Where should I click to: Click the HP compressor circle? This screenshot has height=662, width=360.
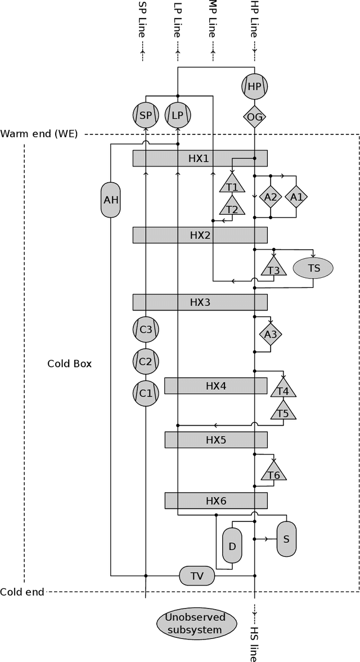254,87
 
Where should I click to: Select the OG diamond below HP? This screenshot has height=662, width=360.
254,116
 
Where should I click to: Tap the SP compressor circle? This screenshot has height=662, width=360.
146,115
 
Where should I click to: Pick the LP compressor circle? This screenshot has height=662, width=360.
178,115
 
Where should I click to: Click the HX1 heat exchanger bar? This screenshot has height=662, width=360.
200,159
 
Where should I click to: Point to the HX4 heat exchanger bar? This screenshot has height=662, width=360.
215,386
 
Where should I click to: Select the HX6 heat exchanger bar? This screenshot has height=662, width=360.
215,501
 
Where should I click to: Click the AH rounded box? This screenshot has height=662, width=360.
111,200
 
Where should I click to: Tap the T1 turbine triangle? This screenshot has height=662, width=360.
232,186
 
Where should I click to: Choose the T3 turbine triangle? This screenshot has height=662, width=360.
273,268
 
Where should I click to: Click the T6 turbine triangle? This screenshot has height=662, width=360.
273,474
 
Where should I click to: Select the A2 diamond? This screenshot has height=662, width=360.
271,197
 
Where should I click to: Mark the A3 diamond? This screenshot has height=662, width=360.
271,335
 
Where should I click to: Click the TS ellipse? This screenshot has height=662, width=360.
313,268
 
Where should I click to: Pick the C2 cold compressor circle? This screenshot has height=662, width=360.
146,361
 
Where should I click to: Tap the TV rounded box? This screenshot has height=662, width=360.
197,576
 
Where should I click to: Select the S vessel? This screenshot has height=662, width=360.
286,539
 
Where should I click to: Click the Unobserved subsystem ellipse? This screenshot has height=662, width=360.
194,623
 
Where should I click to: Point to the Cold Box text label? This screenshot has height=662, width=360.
69,363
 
